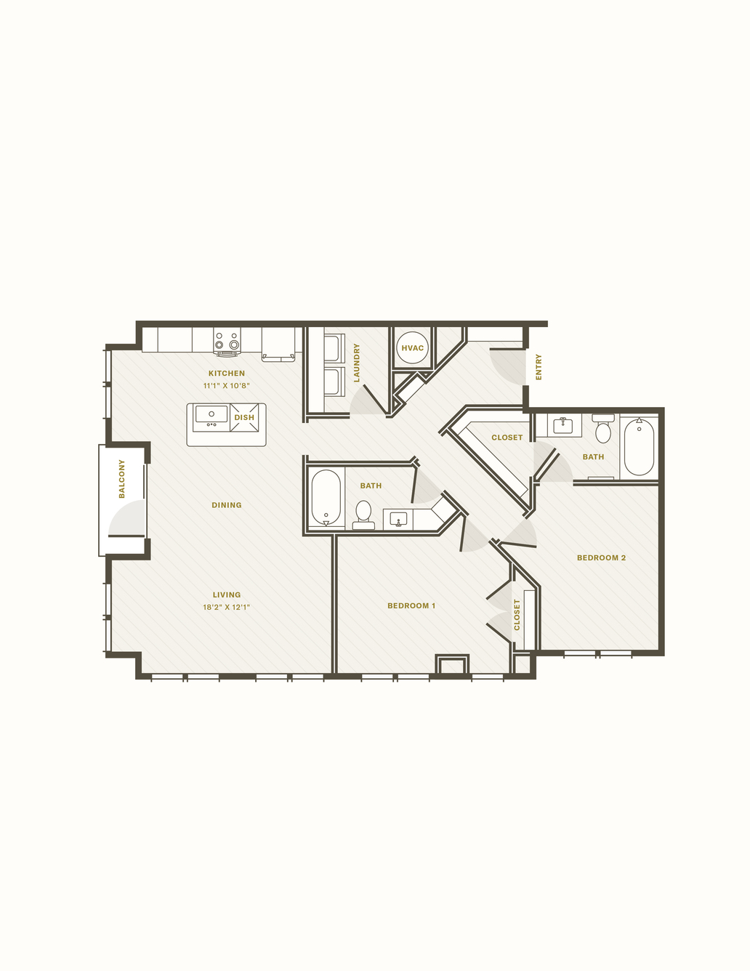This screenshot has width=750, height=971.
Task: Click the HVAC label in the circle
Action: click(x=412, y=348)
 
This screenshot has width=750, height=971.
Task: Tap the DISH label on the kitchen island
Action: click(x=244, y=417)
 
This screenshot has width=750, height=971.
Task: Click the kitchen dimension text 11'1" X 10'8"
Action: click(x=227, y=386)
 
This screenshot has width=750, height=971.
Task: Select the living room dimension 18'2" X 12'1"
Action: click(x=227, y=607)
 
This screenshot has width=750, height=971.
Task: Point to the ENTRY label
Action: click(x=539, y=367)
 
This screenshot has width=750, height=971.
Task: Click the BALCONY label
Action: click(x=121, y=478)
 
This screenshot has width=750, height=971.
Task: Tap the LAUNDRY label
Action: click(x=356, y=363)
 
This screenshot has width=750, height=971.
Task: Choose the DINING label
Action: click(x=227, y=505)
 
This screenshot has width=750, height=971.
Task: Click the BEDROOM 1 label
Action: click(x=411, y=605)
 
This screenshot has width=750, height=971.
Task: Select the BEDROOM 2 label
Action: click(x=601, y=557)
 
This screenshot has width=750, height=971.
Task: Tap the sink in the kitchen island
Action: click(x=211, y=416)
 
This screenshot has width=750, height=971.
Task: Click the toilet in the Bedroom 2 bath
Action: click(x=603, y=429)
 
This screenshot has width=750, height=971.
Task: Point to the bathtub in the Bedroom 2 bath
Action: click(x=640, y=446)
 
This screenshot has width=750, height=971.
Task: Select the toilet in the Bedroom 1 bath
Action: click(x=363, y=515)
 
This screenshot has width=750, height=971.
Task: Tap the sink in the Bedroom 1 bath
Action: click(x=398, y=519)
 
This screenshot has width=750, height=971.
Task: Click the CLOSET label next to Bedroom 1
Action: click(x=517, y=615)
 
